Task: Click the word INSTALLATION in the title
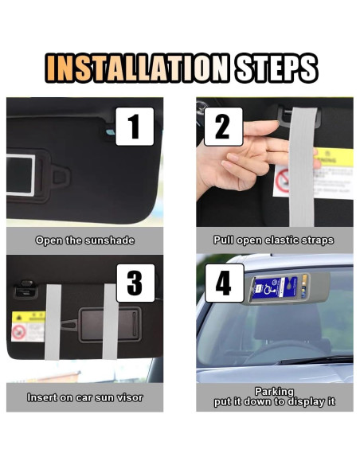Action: (137, 68)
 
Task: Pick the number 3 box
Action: (135, 283)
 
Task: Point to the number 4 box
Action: (224, 283)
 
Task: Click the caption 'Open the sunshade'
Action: (84, 240)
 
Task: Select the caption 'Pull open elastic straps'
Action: (273, 240)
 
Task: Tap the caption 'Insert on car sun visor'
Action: (84, 397)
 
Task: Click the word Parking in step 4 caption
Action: (273, 391)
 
